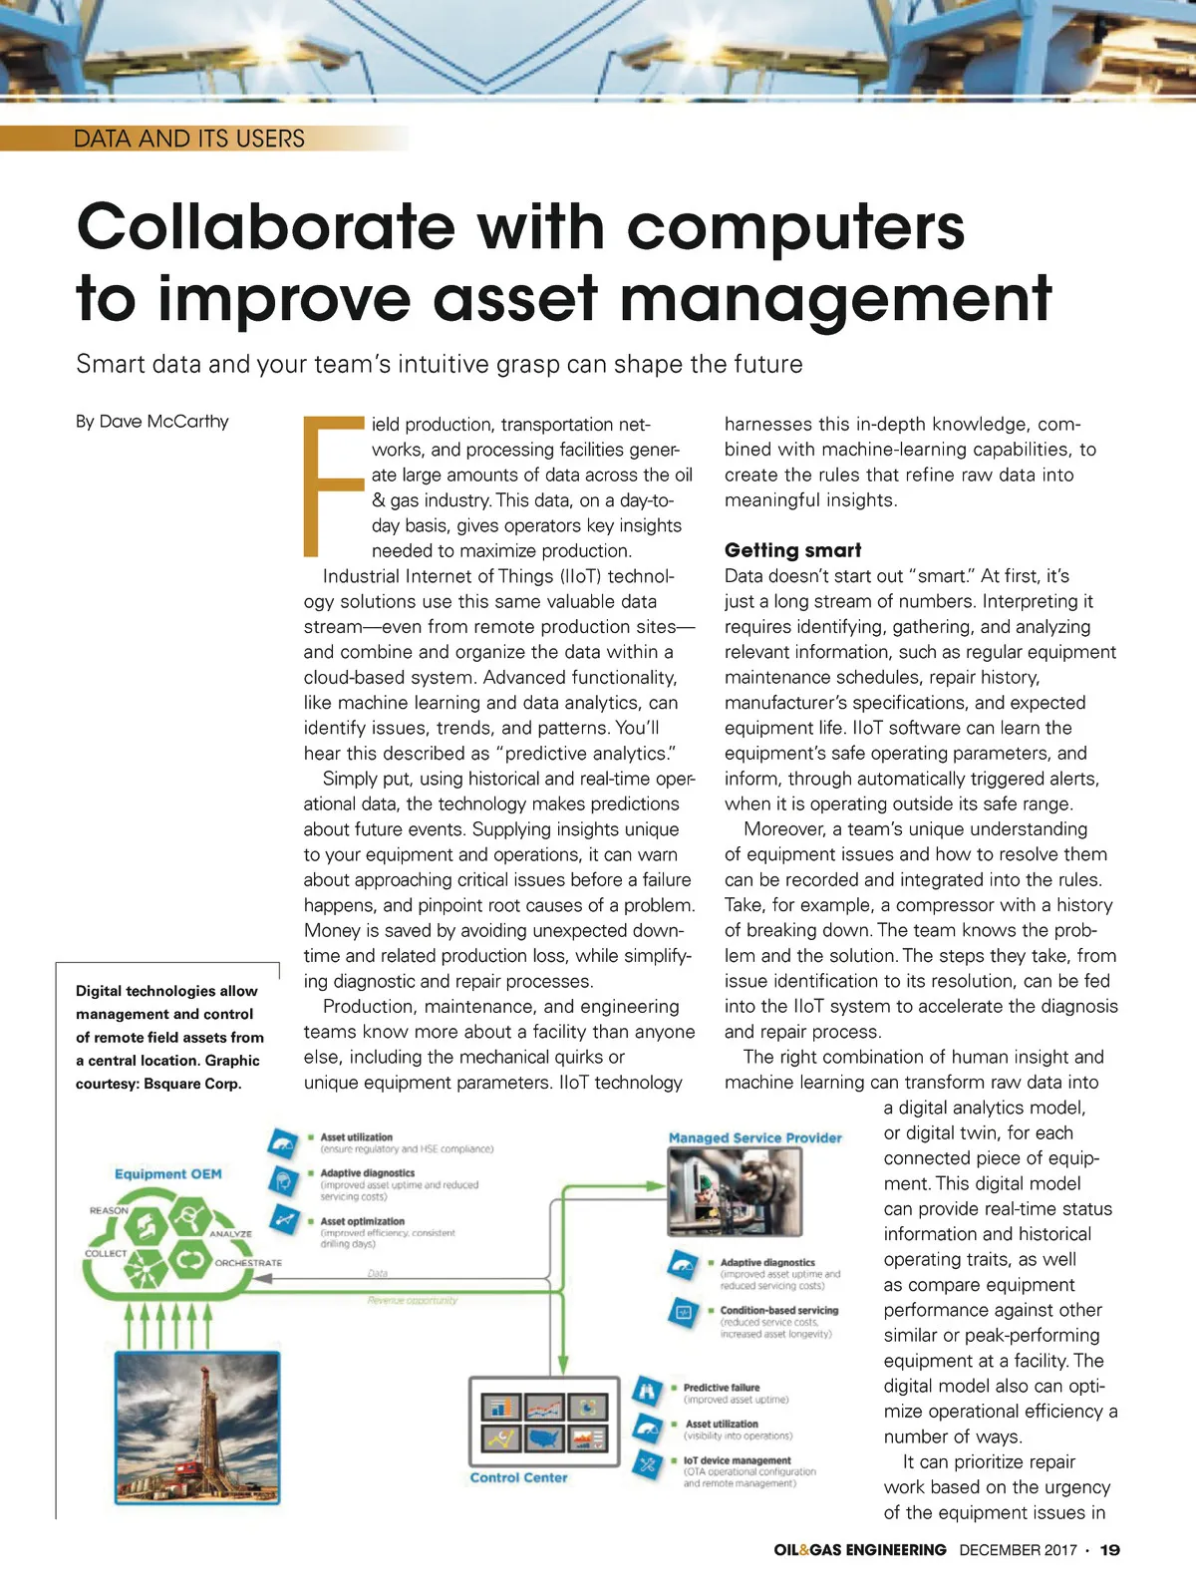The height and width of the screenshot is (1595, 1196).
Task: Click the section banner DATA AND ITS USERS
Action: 189,139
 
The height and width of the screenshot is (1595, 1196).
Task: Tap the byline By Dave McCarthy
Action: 152,422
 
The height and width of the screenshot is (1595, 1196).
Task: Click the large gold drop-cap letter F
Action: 333,486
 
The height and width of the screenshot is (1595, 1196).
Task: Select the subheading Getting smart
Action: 792,550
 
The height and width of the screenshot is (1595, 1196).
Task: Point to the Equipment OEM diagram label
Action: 167,1174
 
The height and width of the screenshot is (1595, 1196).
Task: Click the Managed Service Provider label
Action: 754,1137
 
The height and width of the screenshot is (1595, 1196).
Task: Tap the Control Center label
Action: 518,1477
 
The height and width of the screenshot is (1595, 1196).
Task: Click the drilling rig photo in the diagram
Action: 197,1427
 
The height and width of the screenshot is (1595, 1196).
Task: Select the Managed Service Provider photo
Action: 735,1190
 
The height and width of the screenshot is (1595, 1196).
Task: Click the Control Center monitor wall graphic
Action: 544,1423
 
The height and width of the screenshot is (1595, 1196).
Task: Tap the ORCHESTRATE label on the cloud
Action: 248,1263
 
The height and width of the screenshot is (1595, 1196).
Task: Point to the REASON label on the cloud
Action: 109,1210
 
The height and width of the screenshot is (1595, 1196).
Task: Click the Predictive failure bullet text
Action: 722,1388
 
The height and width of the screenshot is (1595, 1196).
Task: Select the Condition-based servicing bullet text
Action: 778,1311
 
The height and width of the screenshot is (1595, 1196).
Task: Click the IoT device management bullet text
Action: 737,1460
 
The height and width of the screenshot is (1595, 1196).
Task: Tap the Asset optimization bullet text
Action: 363,1221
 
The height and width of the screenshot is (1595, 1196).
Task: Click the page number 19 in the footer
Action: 1109,1550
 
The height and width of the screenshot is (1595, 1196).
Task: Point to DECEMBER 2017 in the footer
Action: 1018,1550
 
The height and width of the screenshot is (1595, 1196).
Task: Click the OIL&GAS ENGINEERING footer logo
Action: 859,1550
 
